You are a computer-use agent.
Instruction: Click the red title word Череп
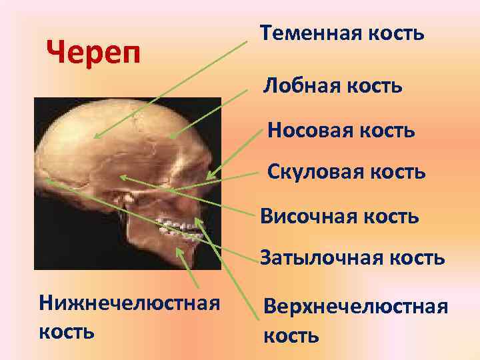(x=95, y=52)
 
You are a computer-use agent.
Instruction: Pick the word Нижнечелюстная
(x=130, y=303)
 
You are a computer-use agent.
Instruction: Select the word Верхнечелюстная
(x=355, y=307)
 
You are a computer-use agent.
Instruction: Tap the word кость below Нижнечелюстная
(x=67, y=331)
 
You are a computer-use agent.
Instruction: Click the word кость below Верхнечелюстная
(x=291, y=335)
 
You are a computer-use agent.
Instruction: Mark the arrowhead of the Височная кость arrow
(x=121, y=177)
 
